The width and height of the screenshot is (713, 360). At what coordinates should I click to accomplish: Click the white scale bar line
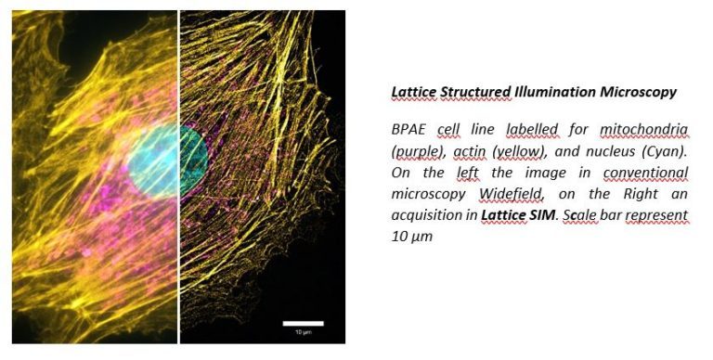pos(303,323)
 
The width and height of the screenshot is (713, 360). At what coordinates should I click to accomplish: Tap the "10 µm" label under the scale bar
pos(303,331)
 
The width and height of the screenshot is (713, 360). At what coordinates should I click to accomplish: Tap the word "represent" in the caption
pos(656,214)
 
